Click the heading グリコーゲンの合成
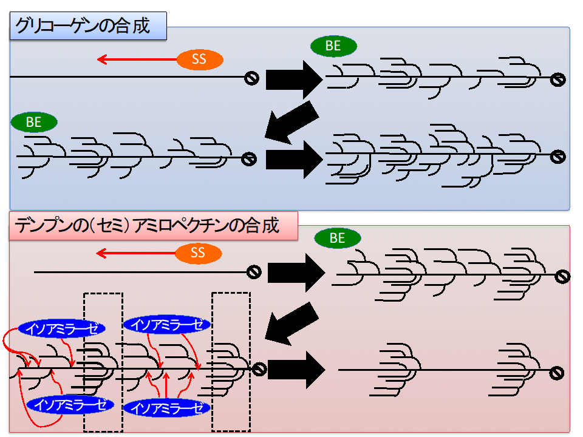pos(88,27)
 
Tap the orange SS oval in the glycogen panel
pos(200,59)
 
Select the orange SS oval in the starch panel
pos(199,253)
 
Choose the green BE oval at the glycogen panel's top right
pos(333,46)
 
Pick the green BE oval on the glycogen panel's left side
pos(34,122)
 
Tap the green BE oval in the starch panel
pos(338,239)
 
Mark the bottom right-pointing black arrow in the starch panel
pos(294,369)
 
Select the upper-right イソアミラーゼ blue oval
pos(167,324)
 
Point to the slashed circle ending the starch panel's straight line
pos(254,272)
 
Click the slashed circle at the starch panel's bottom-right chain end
pos(557,370)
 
